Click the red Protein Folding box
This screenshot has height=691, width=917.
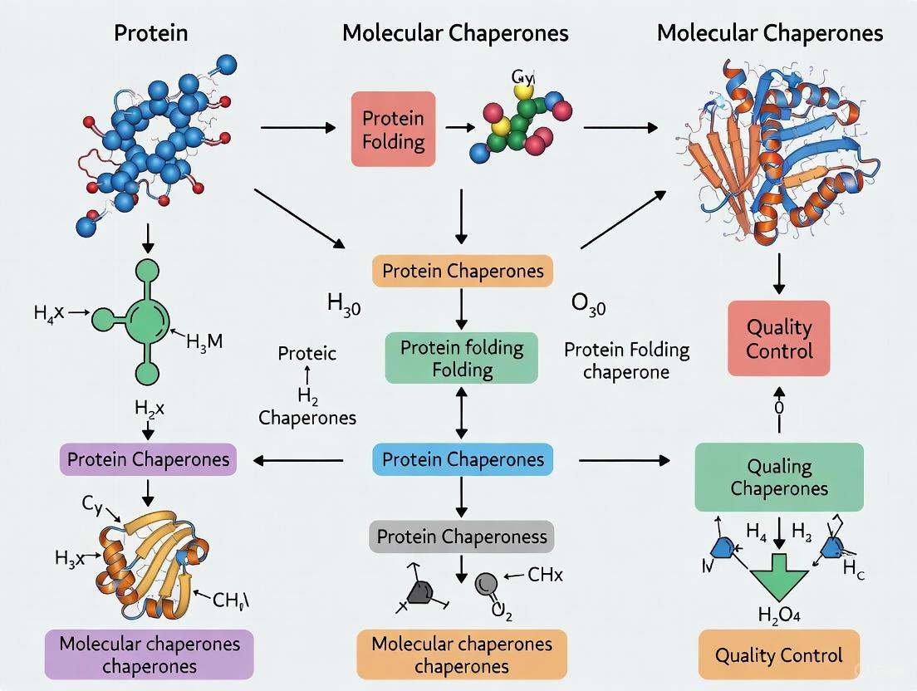pos(393,129)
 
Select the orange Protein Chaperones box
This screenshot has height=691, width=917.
pos(462,271)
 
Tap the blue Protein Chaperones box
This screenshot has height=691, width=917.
pos(462,459)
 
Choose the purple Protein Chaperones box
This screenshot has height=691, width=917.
pos(149,459)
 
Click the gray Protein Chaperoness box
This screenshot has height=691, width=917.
pos(462,537)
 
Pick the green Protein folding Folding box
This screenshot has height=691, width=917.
pos(462,358)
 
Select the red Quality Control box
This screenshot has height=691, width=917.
pos(778,339)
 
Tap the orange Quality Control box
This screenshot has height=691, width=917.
pos(778,656)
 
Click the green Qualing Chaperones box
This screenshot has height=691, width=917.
pos(778,477)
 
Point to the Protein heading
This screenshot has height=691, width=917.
pos(150,33)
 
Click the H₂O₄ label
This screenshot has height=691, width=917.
pos(778,615)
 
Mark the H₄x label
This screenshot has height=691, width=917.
pos(49,313)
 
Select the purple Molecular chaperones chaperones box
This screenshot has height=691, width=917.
pos(149,654)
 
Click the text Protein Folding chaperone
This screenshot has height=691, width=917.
pos(626,360)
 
